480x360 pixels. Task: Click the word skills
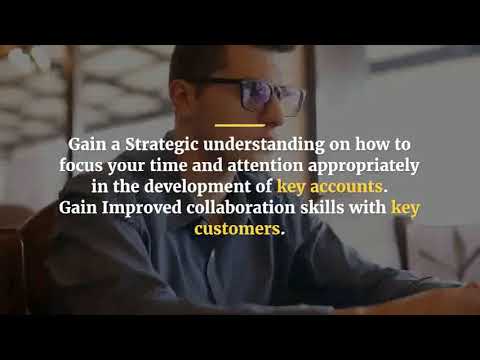(x=323, y=208)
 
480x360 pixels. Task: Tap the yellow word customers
(x=238, y=229)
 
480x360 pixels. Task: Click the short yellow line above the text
(x=239, y=125)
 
